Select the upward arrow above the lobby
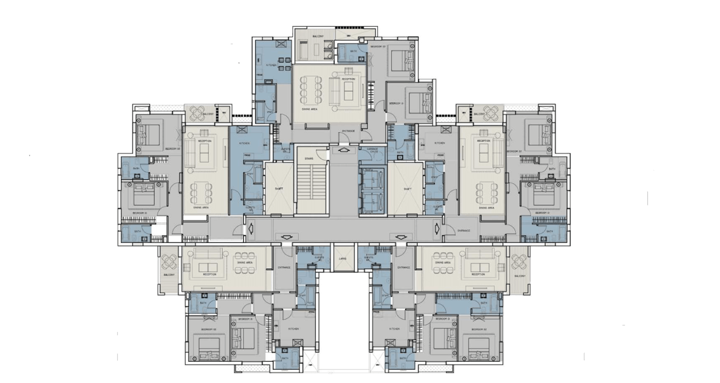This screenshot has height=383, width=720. point(342,150)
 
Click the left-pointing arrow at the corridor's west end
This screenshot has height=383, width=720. point(252,228)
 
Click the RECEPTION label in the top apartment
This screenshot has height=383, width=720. point(348,79)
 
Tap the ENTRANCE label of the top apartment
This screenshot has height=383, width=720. point(348,131)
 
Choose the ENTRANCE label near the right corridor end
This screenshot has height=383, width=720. point(464,231)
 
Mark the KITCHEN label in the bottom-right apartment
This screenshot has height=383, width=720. point(394,329)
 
